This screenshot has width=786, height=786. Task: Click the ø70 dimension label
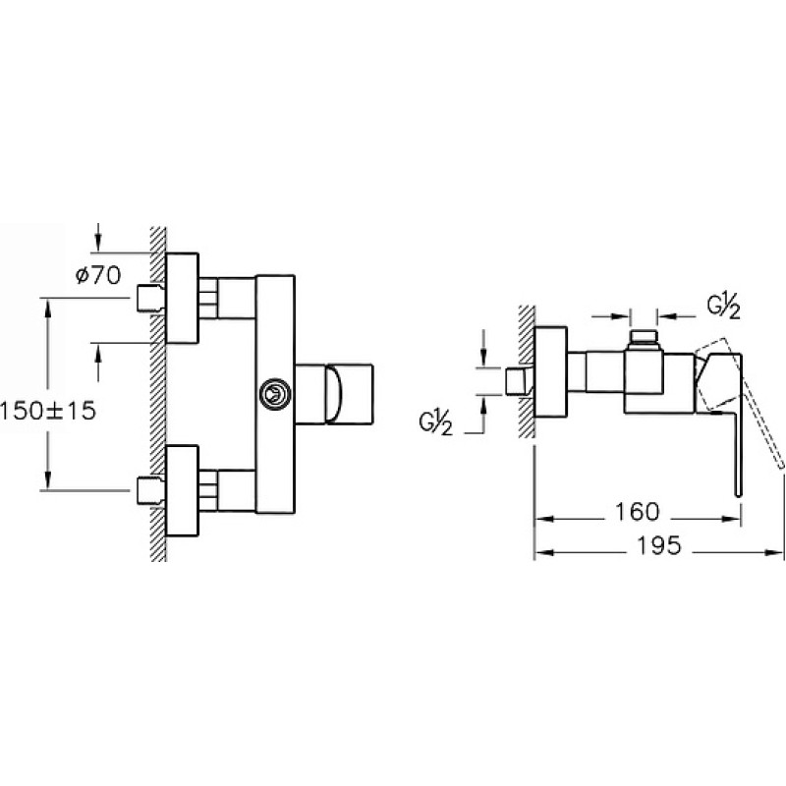pos(98,275)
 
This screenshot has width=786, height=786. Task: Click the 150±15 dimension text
pos(47,411)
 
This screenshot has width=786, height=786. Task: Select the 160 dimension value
pos(637,511)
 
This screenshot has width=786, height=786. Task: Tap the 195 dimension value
pos(658,545)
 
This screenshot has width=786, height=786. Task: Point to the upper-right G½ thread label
pos(724,307)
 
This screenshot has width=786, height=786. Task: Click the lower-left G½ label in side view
pos(435,423)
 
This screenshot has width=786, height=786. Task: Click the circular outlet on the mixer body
pos(275,394)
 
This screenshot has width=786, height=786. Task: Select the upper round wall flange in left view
pos(182,299)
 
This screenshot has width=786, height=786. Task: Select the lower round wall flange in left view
pos(182,491)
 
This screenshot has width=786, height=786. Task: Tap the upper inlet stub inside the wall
pos(150,299)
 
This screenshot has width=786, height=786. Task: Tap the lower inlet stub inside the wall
pos(150,490)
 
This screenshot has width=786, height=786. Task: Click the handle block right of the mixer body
pos(334,395)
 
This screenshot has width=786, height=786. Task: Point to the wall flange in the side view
pos(551,372)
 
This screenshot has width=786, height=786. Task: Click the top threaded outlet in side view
pos(644,339)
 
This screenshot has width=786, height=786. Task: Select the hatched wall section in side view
pos(527,371)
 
